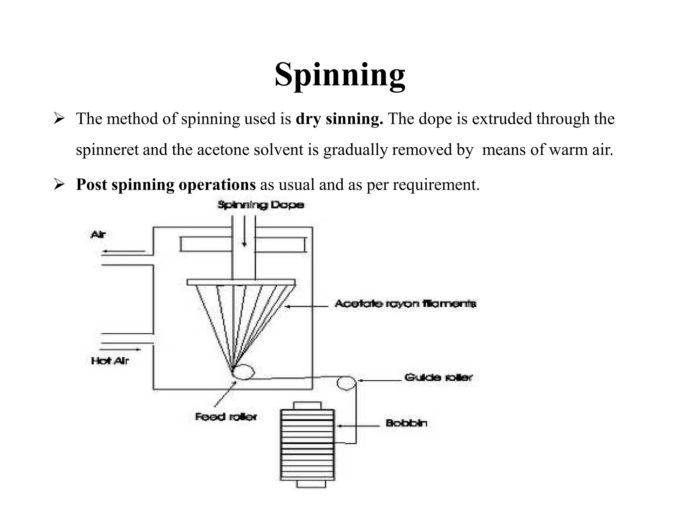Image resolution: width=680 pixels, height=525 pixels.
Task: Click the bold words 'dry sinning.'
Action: [x=339, y=119]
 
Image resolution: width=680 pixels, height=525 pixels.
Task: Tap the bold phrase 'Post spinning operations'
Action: [x=166, y=185]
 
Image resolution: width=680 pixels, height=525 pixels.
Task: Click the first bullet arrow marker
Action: [x=59, y=118]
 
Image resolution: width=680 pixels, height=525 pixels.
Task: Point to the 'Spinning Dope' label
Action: [x=261, y=205]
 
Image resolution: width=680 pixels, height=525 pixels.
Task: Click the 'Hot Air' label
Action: [x=110, y=361]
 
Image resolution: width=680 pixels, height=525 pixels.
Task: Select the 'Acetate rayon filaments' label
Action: [x=405, y=304]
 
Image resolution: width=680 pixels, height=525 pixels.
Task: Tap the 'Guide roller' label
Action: [x=438, y=377]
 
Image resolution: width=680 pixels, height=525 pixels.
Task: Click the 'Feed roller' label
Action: [x=226, y=416]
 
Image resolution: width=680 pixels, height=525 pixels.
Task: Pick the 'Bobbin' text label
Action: [x=406, y=423]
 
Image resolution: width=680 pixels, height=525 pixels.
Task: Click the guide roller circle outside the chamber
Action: [x=346, y=383]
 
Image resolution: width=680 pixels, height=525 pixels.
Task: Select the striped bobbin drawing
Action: [x=307, y=445]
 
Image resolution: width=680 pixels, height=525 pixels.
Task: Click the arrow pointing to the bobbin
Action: [x=359, y=426]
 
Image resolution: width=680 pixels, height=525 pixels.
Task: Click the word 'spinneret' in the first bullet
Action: [x=107, y=150]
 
